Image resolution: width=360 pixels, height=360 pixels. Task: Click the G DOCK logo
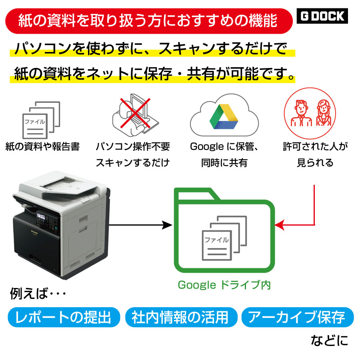click(x=322, y=16)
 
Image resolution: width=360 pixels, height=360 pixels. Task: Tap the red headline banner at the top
click(x=149, y=21)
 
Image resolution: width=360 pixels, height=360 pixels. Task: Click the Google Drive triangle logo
click(x=224, y=117)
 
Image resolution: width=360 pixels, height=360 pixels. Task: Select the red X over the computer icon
click(x=135, y=113)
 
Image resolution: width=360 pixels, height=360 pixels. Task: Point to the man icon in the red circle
click(x=301, y=113)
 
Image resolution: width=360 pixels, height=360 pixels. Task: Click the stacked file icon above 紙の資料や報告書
click(x=41, y=120)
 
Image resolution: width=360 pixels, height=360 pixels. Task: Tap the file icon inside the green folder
click(x=224, y=238)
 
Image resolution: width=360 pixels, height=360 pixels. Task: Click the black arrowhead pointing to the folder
click(x=167, y=225)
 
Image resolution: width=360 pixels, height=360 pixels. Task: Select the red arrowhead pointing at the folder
click(x=280, y=225)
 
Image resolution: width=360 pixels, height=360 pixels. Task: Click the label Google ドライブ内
click(x=224, y=285)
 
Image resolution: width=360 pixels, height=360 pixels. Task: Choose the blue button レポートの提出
click(x=64, y=317)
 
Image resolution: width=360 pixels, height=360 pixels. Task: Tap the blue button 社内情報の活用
click(x=181, y=317)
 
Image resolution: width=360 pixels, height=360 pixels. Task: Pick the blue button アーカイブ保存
click(x=298, y=317)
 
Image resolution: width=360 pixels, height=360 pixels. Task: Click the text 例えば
click(x=29, y=293)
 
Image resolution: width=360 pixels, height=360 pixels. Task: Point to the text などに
click(x=330, y=340)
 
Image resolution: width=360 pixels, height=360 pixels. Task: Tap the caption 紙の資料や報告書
click(x=42, y=146)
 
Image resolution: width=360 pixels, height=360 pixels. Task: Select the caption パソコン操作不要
click(x=133, y=146)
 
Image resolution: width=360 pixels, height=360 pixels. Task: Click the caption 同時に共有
click(x=224, y=163)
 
